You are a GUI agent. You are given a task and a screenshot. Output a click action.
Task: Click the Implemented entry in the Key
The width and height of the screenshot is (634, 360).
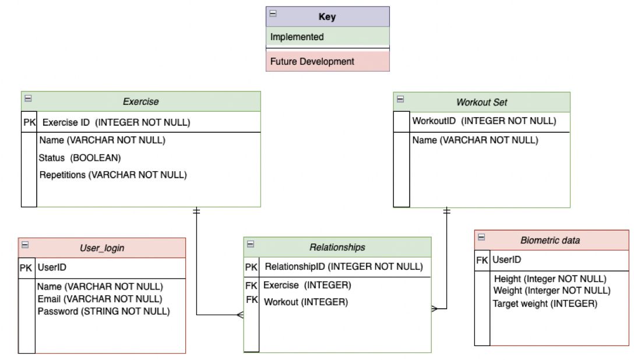coord(297,37)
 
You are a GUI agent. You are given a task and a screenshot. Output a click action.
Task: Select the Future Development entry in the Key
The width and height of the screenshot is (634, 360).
coord(312,61)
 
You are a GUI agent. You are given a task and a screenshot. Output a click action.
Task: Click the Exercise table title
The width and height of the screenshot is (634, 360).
coord(140,101)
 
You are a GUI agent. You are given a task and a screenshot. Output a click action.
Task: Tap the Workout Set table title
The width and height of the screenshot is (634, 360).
coord(481,102)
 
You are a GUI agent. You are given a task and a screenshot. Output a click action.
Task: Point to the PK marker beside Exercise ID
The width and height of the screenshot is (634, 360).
coord(29,122)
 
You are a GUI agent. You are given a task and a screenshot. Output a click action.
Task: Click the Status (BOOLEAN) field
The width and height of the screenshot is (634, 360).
coord(79,157)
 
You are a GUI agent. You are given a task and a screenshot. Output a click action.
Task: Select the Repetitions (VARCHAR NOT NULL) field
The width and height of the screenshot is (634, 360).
coord(112,174)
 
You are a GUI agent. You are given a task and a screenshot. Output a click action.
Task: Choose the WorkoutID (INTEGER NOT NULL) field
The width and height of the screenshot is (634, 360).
coord(484,121)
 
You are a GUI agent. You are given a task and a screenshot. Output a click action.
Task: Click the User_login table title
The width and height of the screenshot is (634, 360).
coord(102,248)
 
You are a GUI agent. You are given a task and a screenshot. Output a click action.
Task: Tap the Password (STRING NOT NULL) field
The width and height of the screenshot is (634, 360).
coord(104,311)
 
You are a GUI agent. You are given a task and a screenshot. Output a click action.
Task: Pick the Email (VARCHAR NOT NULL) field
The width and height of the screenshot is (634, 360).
coord(100,299)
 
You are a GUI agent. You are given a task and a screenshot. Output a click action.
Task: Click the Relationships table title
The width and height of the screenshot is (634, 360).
coord(337,247)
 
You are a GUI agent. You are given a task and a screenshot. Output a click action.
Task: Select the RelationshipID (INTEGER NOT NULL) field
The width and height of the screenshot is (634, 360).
coord(343,266)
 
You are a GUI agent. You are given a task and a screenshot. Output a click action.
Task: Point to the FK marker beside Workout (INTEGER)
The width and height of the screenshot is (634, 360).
coord(252,300)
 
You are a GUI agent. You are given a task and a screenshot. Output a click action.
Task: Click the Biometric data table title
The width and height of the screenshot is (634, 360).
coord(550,240)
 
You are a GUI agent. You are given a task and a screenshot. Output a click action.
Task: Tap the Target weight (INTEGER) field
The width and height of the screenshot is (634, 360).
coord(544,303)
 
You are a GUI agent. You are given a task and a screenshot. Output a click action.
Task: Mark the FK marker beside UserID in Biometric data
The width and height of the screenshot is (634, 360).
coord(482,260)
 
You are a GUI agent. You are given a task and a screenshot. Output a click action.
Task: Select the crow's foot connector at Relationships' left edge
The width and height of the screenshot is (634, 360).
coord(239,315)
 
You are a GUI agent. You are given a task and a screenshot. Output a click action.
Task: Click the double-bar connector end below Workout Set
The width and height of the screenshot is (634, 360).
coord(446,211)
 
